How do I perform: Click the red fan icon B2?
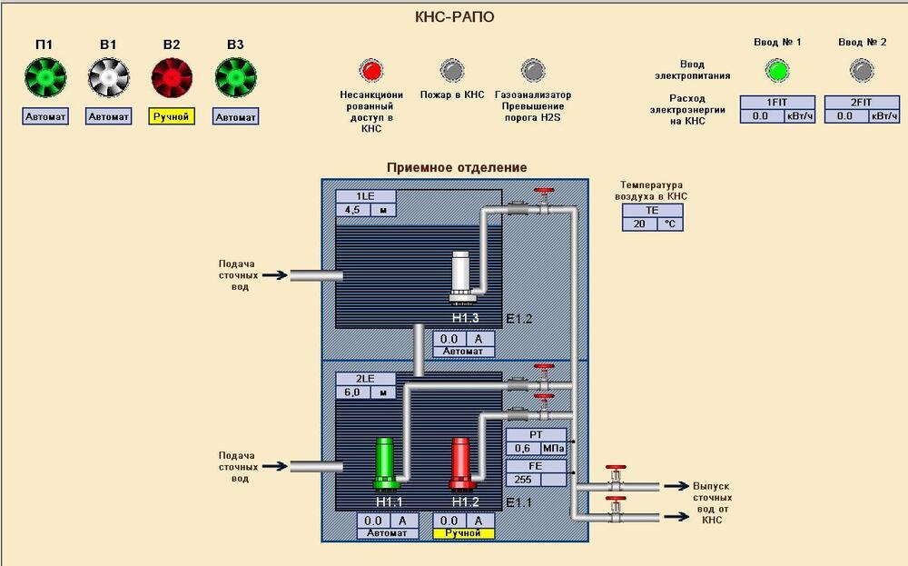click(172, 77)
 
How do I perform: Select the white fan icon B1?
click(108, 77)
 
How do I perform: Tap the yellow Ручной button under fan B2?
click(172, 116)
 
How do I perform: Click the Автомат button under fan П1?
click(45, 116)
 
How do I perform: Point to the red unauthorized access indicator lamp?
click(371, 70)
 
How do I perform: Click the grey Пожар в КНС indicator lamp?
click(452, 70)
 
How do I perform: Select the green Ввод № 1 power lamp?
click(777, 71)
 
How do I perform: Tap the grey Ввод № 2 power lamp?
click(862, 71)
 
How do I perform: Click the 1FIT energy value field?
click(761, 116)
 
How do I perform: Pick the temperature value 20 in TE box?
click(640, 223)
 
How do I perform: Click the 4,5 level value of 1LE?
click(353, 210)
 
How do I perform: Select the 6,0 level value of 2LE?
click(353, 392)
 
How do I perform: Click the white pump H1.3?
click(463, 277)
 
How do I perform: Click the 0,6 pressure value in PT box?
click(523, 449)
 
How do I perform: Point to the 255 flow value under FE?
click(523, 480)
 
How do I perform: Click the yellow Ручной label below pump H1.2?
click(464, 533)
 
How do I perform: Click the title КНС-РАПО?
click(455, 16)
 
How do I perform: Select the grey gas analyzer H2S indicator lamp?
click(533, 70)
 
